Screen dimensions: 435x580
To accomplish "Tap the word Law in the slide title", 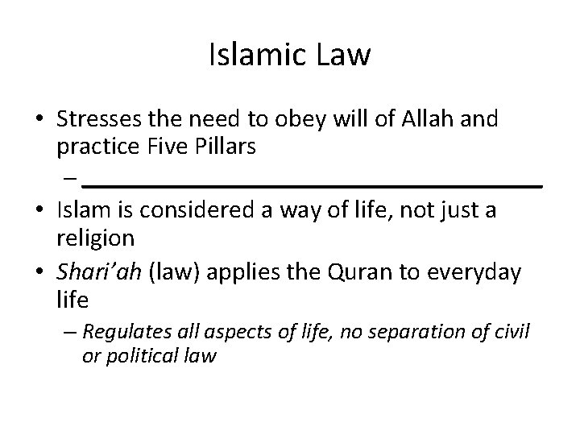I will [342, 55].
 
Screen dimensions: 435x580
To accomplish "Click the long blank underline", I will [313, 185].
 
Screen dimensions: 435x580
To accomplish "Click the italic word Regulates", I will [124, 331].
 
